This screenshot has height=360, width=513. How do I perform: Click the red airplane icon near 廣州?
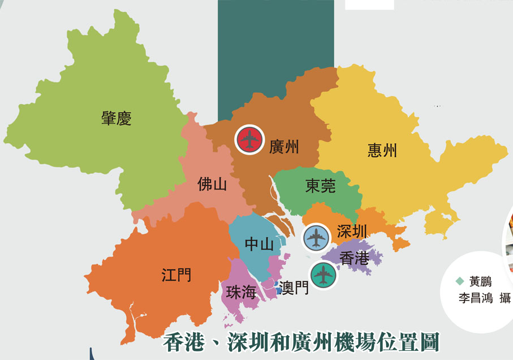(249, 139)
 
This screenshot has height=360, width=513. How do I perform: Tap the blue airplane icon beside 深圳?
(316, 238)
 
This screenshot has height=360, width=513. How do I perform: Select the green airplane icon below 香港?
(323, 276)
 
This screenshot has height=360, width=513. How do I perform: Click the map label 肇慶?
(117, 118)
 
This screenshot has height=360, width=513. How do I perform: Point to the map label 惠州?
(382, 150)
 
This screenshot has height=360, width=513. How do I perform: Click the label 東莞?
(320, 186)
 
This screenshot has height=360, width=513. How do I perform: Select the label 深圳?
(352, 231)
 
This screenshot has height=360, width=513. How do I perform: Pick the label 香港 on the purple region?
(355, 258)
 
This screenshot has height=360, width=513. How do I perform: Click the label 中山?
(259, 245)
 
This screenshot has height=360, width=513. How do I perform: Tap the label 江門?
(176, 275)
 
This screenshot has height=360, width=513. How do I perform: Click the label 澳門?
(294, 288)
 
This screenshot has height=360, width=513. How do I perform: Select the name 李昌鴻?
(476, 298)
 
